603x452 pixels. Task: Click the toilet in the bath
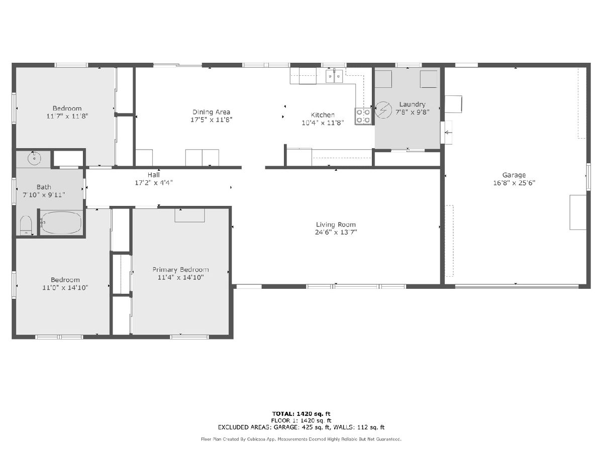click(x=26, y=225)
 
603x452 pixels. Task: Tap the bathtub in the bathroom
click(x=61, y=222)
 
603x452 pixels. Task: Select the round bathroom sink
click(x=34, y=158)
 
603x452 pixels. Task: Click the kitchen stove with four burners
click(x=363, y=116)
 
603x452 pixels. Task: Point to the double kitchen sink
click(x=334, y=76)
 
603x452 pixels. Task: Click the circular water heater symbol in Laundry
click(x=383, y=110)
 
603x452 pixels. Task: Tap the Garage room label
click(x=514, y=175)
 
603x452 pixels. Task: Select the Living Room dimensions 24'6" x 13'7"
click(x=336, y=232)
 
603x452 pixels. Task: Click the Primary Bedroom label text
click(x=180, y=270)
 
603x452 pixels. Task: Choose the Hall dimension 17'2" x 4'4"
click(x=154, y=182)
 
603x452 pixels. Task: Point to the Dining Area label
click(x=211, y=112)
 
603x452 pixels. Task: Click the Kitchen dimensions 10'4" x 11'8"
click(x=323, y=123)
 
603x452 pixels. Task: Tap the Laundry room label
click(x=412, y=104)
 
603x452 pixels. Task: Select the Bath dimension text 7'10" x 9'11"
click(x=44, y=195)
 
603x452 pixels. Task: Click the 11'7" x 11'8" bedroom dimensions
click(x=67, y=116)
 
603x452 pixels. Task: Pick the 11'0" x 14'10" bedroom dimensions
click(x=65, y=288)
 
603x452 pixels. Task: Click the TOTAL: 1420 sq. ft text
click(x=301, y=414)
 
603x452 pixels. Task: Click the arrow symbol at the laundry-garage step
click(x=448, y=133)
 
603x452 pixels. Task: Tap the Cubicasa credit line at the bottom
click(x=301, y=439)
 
